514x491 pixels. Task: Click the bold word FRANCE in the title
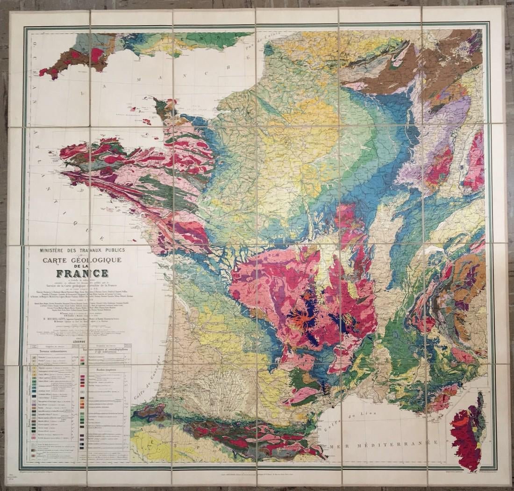coord(82,273)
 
